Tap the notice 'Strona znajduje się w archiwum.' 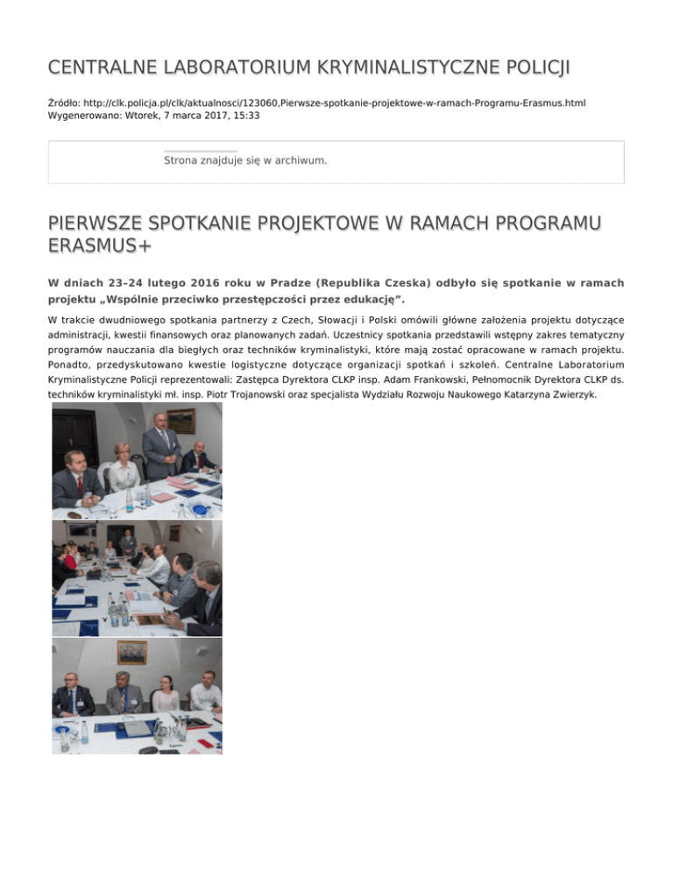click(x=245, y=160)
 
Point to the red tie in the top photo click(x=79, y=483)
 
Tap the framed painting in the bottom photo click(x=132, y=652)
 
